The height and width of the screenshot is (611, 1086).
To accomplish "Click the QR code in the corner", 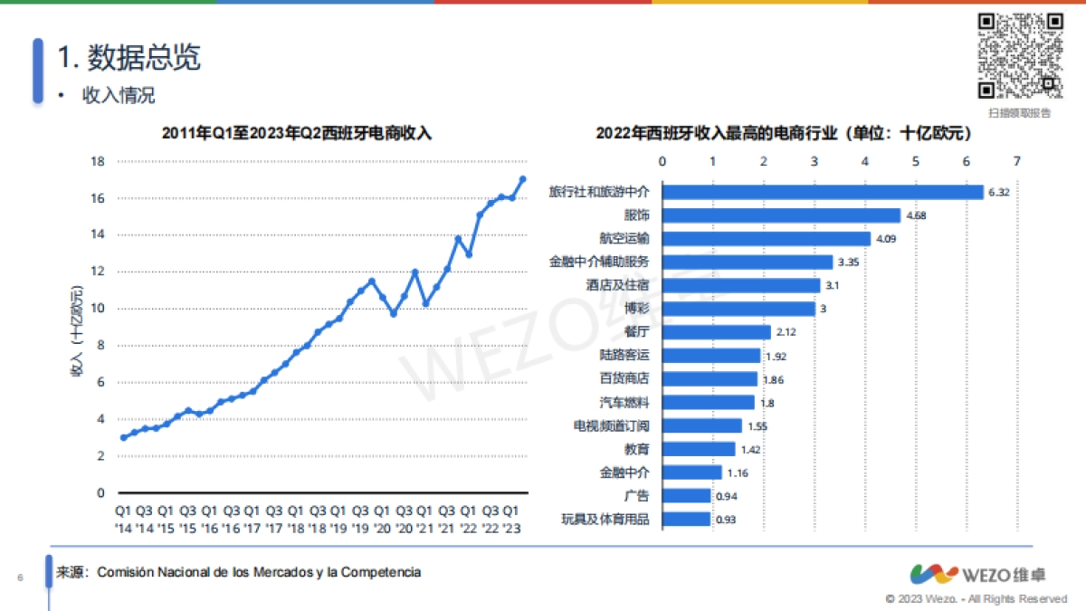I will coord(1019,55).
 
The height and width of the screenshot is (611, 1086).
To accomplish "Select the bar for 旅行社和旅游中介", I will coord(823,192).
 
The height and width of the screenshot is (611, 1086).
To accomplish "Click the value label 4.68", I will coord(916,215).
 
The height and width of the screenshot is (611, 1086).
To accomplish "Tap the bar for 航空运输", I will coord(766,239).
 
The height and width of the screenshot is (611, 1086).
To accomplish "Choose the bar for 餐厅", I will coord(716,332).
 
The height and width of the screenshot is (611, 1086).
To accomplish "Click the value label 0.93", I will coord(725,520).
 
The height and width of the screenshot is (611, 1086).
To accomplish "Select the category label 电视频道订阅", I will coord(612,425).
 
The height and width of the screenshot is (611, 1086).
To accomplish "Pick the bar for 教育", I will coord(699,449).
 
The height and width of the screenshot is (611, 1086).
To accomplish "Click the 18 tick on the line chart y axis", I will coord(98,161).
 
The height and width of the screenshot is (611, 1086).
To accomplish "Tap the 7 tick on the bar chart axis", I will coord(1017,161).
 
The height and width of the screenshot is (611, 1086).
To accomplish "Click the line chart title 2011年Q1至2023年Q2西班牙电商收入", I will coord(297,133).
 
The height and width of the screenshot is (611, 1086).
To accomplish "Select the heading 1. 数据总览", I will coord(129,58).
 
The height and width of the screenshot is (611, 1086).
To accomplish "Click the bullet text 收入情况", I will coord(119,95).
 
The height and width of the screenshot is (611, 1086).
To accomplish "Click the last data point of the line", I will coord(522,179).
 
